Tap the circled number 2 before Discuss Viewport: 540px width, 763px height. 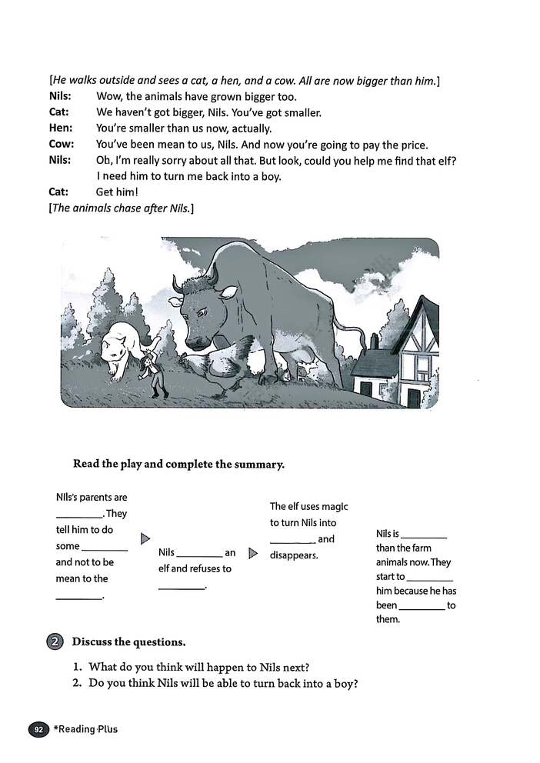[x=54, y=641]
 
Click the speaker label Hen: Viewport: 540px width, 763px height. [x=61, y=128]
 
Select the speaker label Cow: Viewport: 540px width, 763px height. [x=62, y=145]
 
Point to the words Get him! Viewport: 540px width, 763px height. [x=116, y=192]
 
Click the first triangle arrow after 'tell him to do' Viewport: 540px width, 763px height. [x=145, y=539]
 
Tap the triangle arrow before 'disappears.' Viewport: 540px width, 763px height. [x=253, y=553]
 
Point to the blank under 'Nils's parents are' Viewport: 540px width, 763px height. [x=78, y=515]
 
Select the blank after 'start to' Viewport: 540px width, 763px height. [x=430, y=578]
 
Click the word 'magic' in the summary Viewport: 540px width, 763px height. [x=334, y=506]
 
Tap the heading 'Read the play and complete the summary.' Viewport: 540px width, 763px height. [x=178, y=464]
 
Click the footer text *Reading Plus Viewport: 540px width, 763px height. [x=85, y=729]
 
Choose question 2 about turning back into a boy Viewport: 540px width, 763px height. [x=223, y=683]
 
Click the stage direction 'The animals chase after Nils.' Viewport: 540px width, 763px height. [x=122, y=208]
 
